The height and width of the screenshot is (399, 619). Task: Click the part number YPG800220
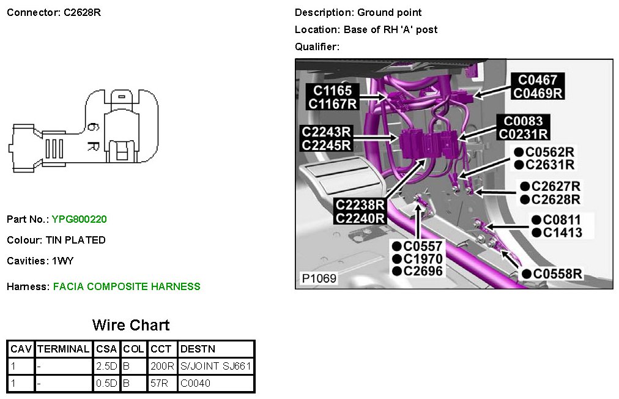tap(80, 219)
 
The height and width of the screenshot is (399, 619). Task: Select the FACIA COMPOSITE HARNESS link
tap(127, 286)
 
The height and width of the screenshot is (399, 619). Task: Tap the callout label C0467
tap(538, 80)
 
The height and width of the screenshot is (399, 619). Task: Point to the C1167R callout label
tap(332, 104)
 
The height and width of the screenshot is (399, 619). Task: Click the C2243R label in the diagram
tap(326, 132)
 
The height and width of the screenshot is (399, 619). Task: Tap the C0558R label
tap(557, 274)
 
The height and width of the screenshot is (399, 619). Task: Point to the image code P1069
tap(319, 278)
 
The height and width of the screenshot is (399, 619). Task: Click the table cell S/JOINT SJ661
tap(216, 367)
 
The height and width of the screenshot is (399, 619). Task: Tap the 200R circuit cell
tap(161, 367)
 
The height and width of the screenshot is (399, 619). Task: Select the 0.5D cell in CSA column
tap(108, 384)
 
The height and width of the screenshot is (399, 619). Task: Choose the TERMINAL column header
tap(64, 349)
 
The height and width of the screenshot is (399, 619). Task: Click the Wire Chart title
tap(131, 325)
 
